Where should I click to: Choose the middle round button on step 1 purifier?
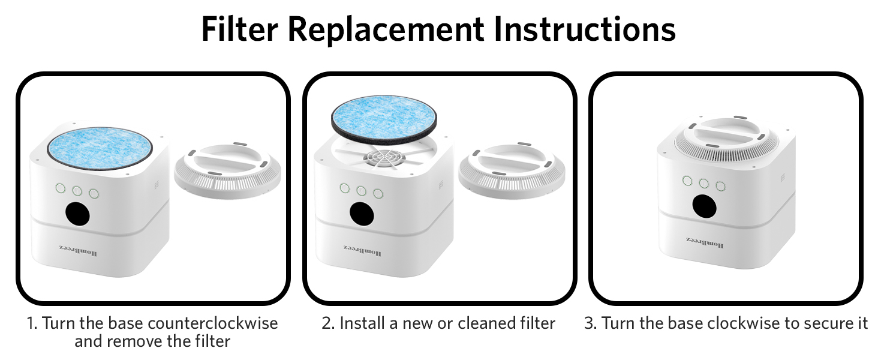pyautogui.click(x=77, y=191)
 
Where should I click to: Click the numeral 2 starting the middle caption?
pyautogui.click(x=327, y=323)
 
